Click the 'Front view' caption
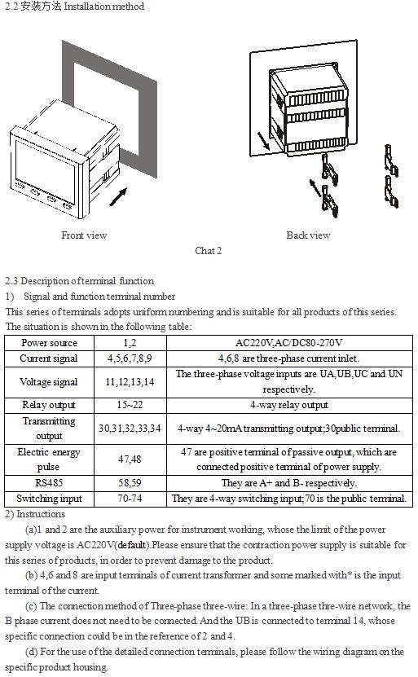(x=84, y=235)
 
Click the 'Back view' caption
(x=308, y=235)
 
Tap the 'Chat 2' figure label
(x=208, y=251)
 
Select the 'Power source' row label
(x=49, y=343)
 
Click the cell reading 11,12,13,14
(x=130, y=382)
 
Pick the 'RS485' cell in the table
(x=49, y=483)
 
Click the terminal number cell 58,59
(x=130, y=483)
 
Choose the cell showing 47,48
(x=130, y=459)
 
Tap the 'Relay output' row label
(x=49, y=405)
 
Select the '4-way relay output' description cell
(x=289, y=405)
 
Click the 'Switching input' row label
(x=49, y=499)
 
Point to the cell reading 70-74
(x=130, y=499)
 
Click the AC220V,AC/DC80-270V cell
(x=289, y=343)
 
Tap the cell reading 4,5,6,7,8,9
(x=130, y=358)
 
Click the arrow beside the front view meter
(x=119, y=197)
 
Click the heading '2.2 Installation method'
(x=75, y=7)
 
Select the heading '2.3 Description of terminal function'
(x=80, y=281)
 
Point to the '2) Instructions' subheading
(x=35, y=514)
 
